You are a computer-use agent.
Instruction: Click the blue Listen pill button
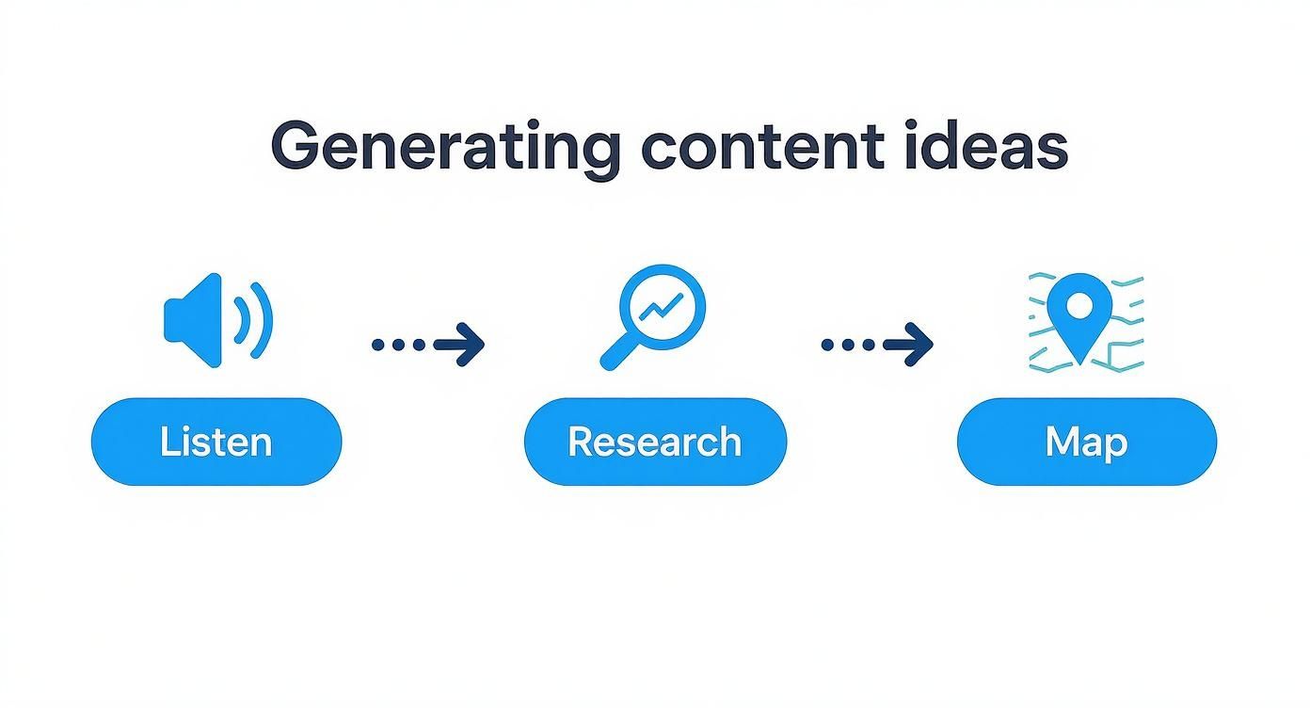(216, 442)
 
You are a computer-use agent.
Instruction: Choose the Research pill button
(655, 442)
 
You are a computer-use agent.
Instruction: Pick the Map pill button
(1086, 442)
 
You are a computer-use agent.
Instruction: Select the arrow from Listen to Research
(429, 345)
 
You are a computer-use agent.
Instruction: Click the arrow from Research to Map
(877, 345)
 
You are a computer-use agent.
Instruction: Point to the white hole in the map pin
(1081, 305)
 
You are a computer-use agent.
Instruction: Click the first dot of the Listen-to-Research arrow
(378, 345)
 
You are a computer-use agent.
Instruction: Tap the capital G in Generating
(293, 147)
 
